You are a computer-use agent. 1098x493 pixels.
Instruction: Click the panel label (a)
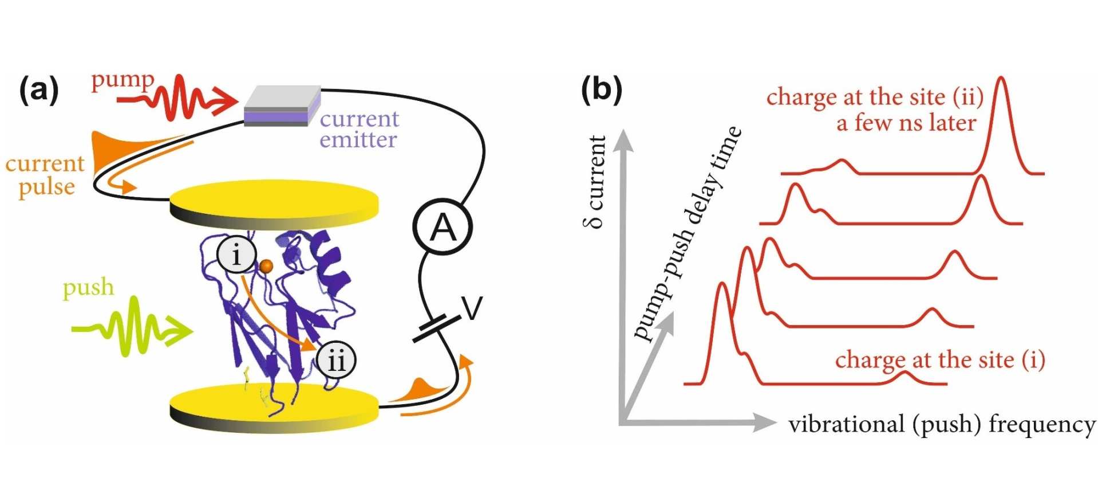39,91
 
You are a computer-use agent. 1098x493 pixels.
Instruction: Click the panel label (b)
601,91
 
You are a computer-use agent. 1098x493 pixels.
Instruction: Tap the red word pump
123,81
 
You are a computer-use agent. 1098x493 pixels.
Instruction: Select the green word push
88,287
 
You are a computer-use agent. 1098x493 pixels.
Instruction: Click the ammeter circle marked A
443,228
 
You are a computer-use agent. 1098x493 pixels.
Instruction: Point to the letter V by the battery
473,308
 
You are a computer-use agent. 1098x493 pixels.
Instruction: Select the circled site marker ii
336,360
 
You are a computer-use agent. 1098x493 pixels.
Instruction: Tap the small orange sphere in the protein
266,266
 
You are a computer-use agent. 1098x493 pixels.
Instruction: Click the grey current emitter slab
282,105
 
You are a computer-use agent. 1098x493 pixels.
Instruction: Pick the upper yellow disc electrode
274,204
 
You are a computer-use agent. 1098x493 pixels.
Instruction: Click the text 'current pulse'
46,175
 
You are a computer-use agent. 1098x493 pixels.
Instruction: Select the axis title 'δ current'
596,182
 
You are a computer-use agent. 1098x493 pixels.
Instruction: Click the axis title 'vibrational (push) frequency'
941,425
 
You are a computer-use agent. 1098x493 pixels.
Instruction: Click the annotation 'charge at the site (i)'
940,360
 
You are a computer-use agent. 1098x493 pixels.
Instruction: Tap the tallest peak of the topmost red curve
1001,80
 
